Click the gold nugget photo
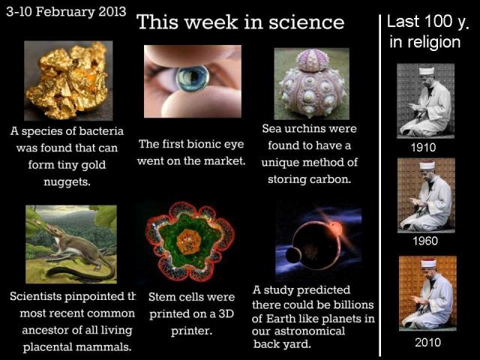point(68,80)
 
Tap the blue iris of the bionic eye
point(192,79)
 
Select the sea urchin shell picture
point(312,83)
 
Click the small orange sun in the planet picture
point(335,228)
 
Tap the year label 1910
point(423,148)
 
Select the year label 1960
point(425,241)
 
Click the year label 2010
point(427,342)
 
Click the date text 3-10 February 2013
point(66,12)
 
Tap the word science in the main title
point(307,22)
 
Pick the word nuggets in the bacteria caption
point(67,182)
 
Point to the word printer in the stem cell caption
point(191,331)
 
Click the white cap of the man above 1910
point(427,70)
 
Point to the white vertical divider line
point(380,185)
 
